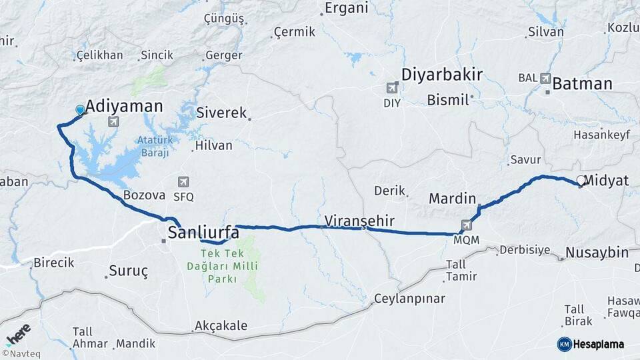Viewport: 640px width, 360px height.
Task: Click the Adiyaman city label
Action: point(124,105)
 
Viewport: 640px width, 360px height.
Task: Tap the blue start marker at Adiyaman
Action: point(80,110)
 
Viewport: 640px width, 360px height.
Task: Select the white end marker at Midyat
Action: point(581,180)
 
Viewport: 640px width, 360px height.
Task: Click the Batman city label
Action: point(582,83)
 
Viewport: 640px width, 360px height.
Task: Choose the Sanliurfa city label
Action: point(203,232)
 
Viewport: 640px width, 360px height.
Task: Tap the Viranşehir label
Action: point(360,219)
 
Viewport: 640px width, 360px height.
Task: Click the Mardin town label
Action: point(453,198)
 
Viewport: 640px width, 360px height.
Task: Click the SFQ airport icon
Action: point(183,182)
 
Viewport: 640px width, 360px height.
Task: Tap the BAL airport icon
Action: point(547,78)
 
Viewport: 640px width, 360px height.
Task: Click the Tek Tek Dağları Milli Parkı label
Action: point(227,266)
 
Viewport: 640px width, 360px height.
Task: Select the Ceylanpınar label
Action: point(409,298)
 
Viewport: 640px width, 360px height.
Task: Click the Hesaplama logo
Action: point(591,344)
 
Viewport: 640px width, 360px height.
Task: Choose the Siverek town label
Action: point(221,113)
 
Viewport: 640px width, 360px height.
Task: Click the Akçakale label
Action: point(221,326)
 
